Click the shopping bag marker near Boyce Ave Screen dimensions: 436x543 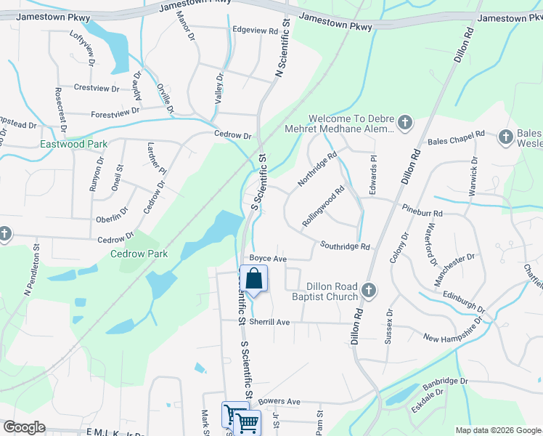point(254,278)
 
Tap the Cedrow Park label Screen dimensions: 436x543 point(139,254)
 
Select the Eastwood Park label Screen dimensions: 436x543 point(73,145)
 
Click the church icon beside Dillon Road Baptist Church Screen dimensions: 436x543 point(368,291)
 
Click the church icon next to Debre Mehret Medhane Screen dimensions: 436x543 point(405,124)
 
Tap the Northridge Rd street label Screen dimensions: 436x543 point(319,167)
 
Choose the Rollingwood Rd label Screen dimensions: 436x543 point(323,208)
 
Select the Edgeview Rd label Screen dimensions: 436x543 point(255,31)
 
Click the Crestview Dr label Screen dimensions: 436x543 point(96,88)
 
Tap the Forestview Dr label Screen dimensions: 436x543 point(115,113)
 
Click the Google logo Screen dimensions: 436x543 point(24,427)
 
